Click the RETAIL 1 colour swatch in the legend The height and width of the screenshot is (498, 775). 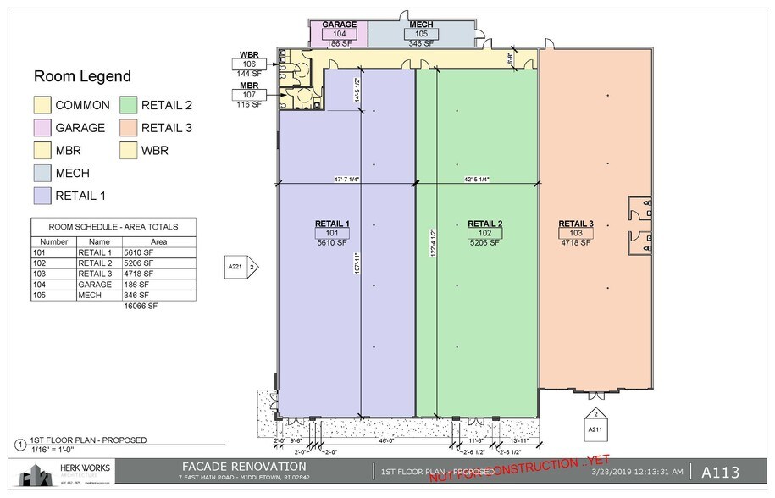42,196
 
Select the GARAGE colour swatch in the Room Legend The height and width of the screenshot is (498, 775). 42,128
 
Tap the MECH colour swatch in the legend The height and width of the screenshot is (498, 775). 42,173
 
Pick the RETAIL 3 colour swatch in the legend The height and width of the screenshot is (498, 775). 128,128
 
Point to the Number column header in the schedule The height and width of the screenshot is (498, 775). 53,241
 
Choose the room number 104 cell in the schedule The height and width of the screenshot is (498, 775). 39,285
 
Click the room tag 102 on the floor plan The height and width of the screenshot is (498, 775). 484,233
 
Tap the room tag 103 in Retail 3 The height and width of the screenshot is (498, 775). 575,233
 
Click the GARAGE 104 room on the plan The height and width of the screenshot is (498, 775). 339,33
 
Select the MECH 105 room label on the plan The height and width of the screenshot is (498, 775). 421,33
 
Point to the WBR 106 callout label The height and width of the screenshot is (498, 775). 249,64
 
